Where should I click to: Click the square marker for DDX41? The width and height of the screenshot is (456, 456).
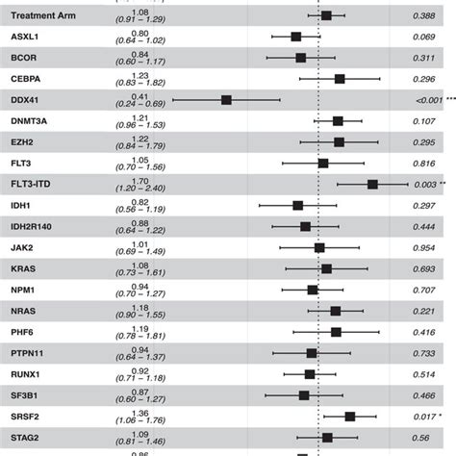point(226,100)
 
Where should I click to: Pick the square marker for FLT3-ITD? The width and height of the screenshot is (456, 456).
point(372,184)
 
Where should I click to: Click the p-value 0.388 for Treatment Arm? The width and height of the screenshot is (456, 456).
point(424,16)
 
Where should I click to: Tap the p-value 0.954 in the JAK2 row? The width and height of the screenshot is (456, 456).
point(424,247)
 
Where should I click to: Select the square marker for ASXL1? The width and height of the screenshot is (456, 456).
point(296,37)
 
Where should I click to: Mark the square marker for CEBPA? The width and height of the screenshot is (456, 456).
point(340,79)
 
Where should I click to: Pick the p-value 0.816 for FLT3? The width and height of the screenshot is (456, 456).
point(424,164)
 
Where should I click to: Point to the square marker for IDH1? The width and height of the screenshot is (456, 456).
point(298,205)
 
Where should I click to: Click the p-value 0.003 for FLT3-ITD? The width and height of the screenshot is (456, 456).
point(424,184)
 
